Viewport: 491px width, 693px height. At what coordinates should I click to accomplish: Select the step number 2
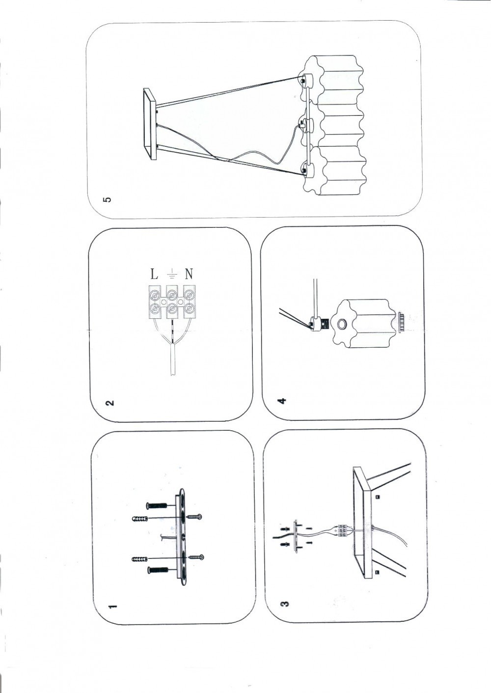point(110,403)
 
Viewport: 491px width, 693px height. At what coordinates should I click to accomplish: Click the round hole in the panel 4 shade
point(342,324)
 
